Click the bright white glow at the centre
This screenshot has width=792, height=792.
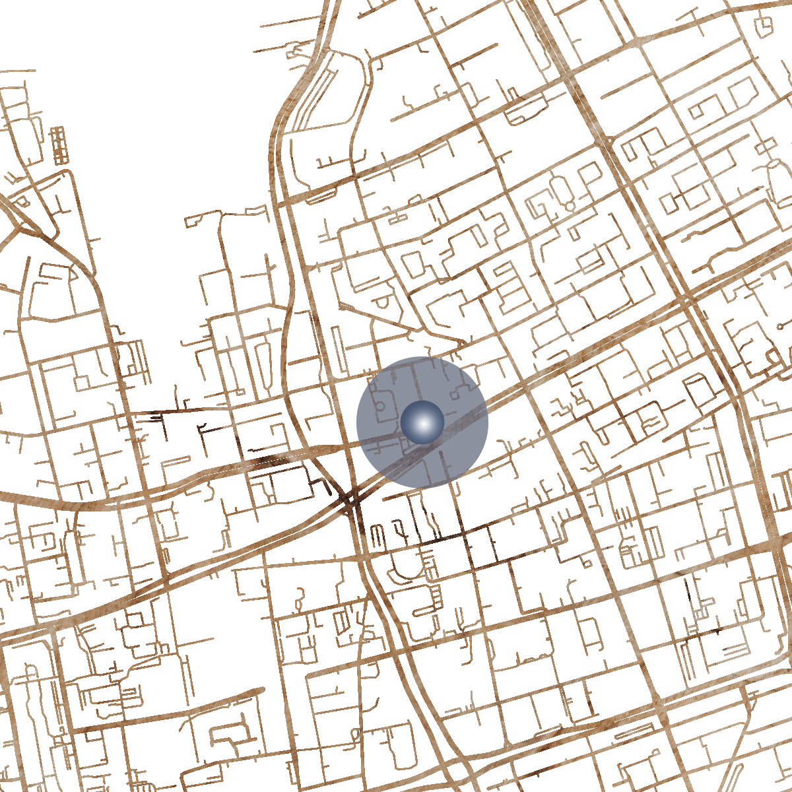422,422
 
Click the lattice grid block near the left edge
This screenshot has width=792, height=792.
59,145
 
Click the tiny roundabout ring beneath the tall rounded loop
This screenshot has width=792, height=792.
570,207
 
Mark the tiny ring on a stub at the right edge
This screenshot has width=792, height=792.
774,356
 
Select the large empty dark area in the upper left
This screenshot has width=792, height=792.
165,132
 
